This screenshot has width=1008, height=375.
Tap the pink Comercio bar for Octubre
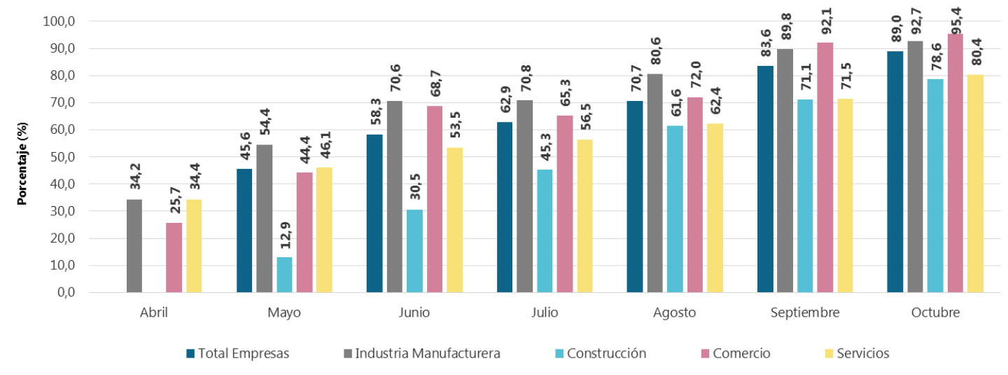point(955,163)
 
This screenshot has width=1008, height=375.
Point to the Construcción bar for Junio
point(414,251)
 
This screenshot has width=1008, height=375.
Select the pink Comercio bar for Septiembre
point(825,168)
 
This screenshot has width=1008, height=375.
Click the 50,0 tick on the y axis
point(60,157)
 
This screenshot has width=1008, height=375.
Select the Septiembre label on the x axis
point(805,313)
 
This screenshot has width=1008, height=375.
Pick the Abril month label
point(154,313)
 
